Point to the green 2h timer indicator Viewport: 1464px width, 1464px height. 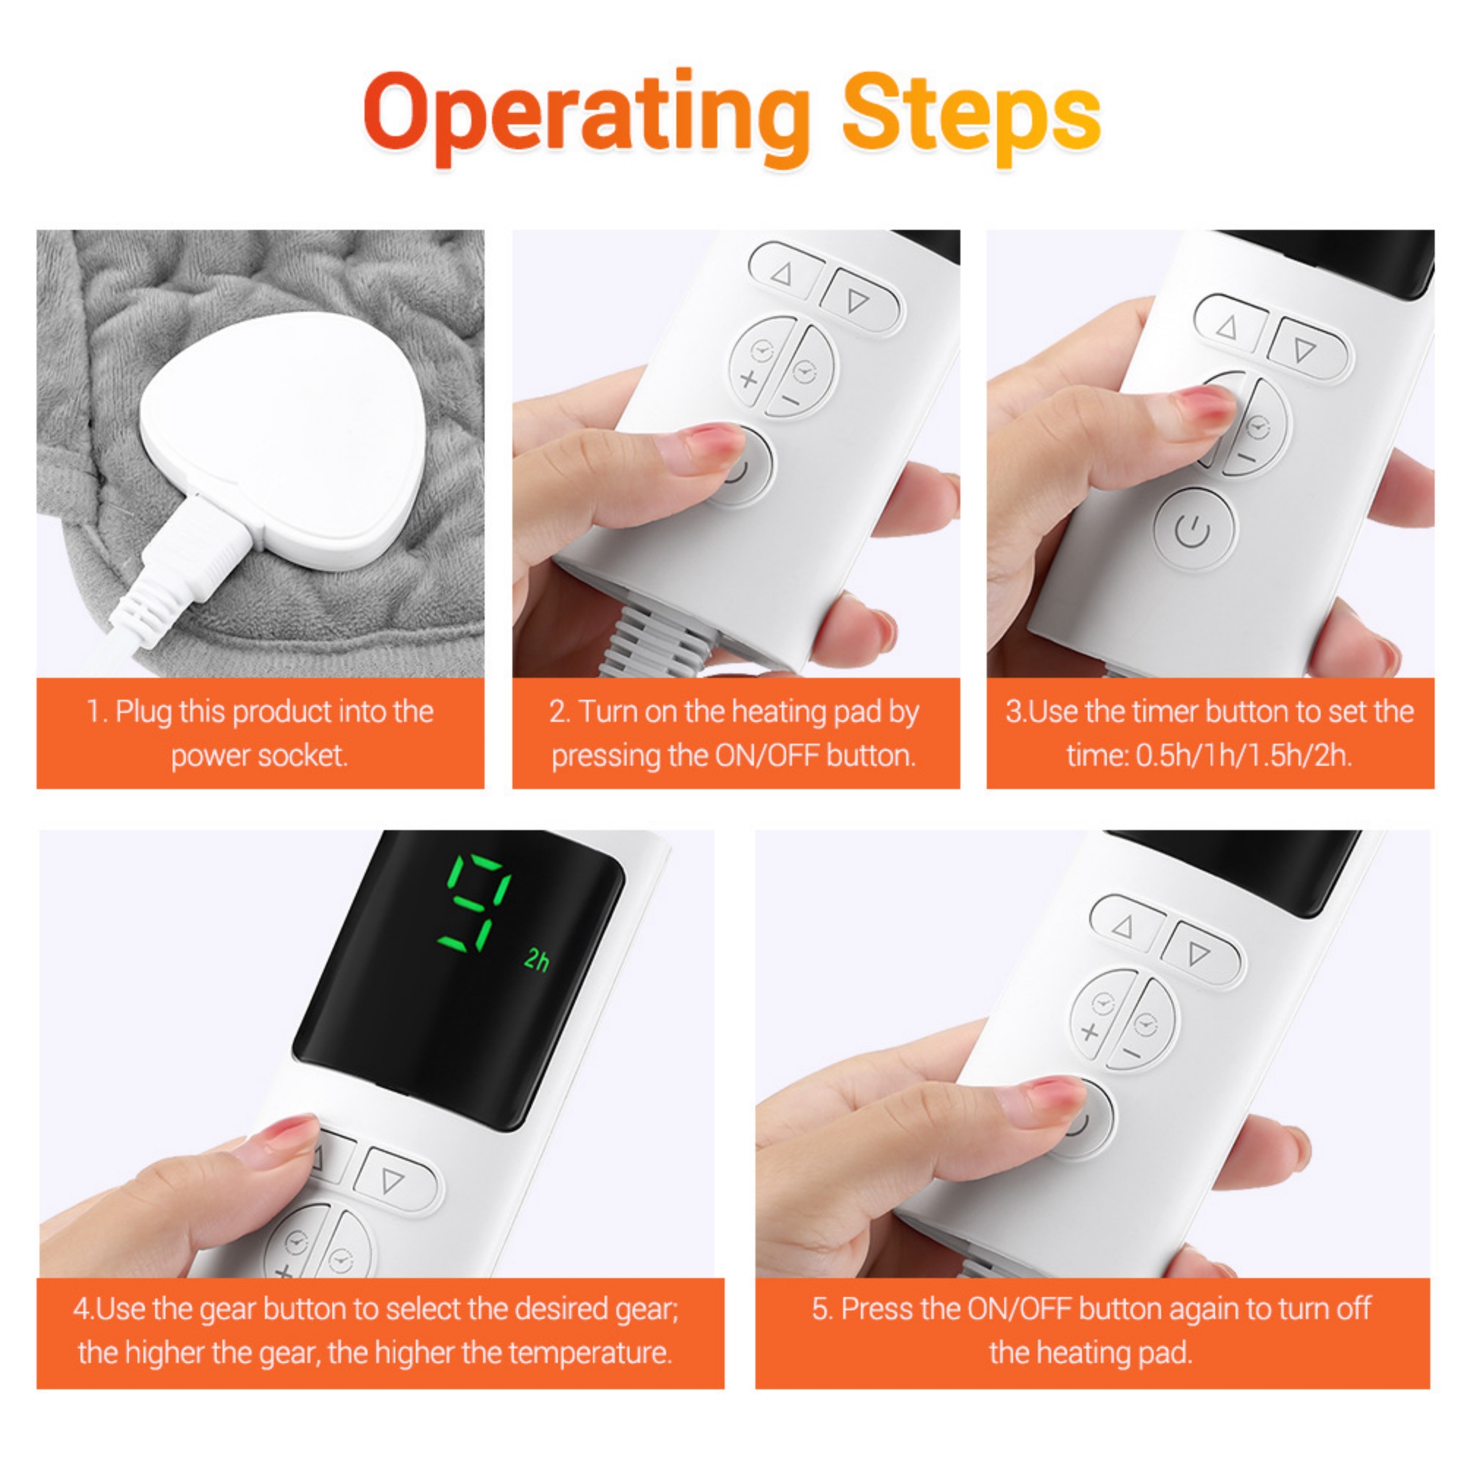click(537, 960)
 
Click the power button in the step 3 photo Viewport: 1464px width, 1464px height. click(1193, 530)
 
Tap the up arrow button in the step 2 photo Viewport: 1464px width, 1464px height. click(783, 273)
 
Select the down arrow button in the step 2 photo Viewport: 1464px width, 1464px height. click(859, 301)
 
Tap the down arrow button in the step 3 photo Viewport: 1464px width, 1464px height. click(1305, 348)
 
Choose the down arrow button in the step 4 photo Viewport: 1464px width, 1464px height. click(394, 1181)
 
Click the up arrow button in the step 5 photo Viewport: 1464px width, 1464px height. click(1124, 925)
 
